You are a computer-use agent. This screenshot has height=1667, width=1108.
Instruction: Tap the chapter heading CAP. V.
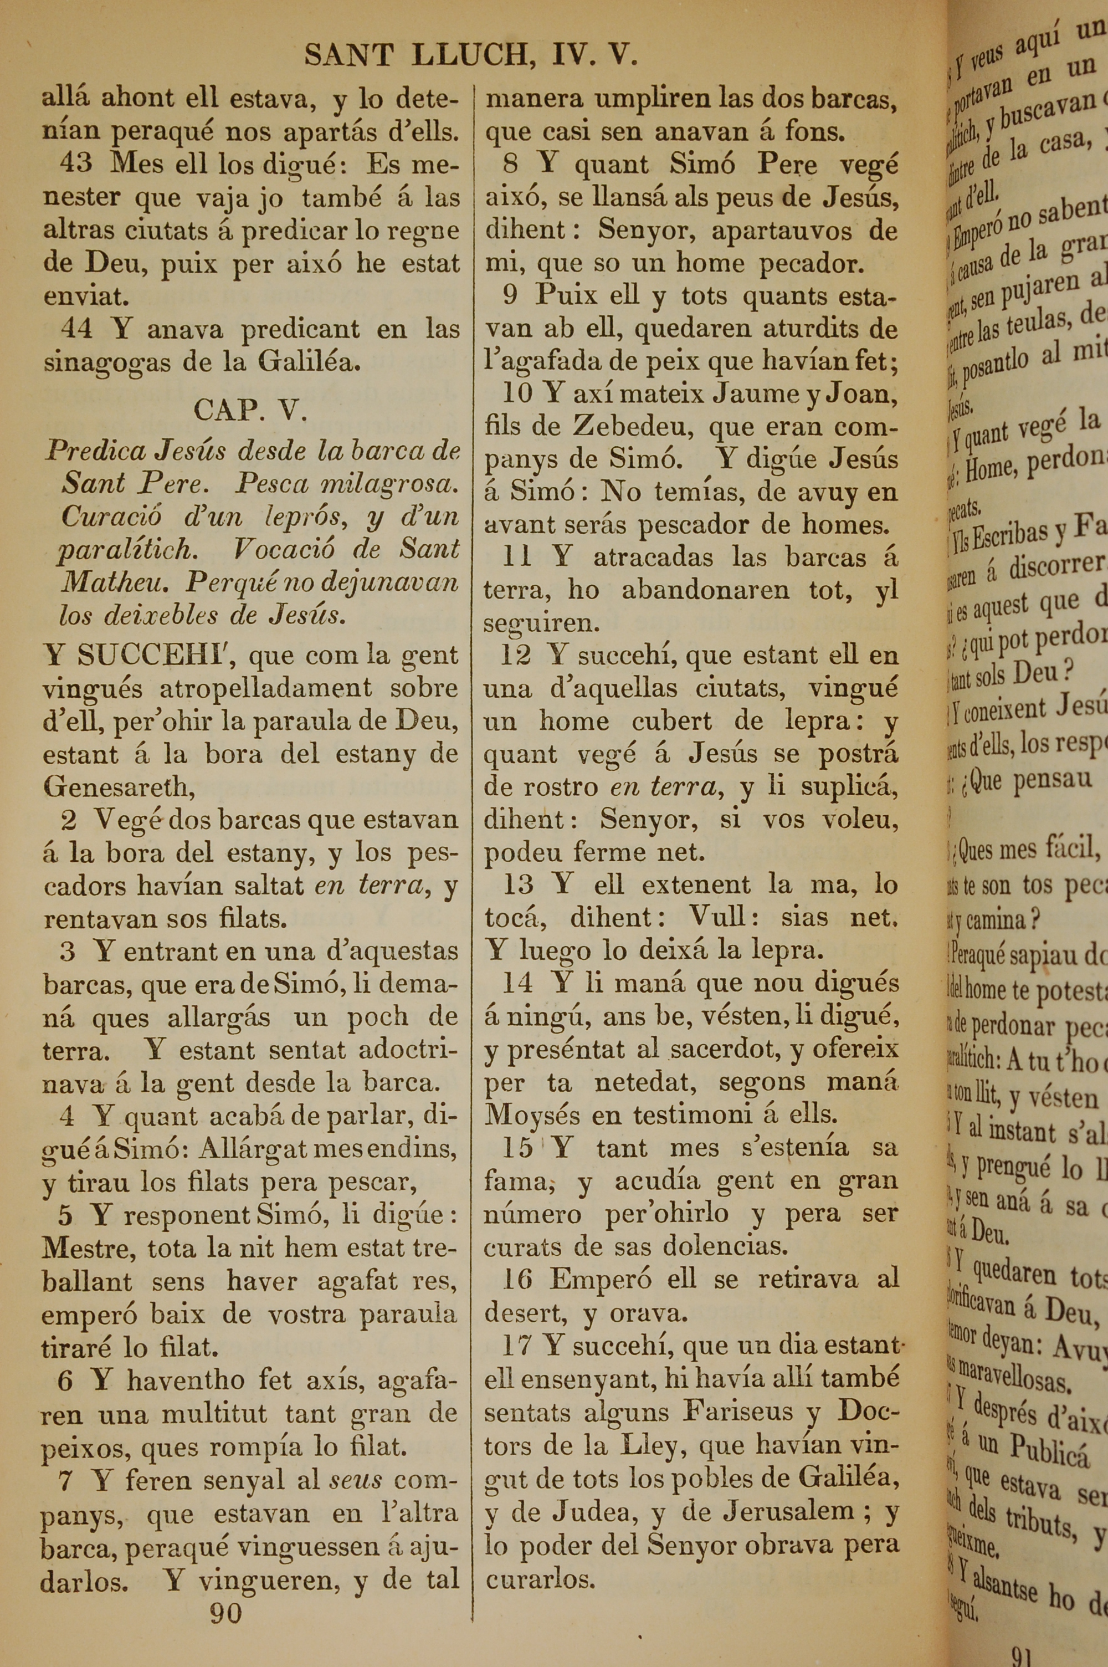pos(250,411)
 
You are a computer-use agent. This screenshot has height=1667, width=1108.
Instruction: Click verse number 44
pos(75,329)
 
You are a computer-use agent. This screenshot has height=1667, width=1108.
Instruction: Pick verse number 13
pos(518,884)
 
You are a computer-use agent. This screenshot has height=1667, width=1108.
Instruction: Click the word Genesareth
pos(118,786)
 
